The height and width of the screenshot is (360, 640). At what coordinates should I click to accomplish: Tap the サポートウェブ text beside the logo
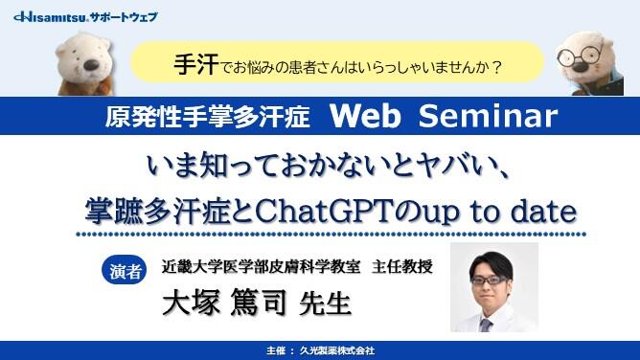pyautogui.click(x=124, y=16)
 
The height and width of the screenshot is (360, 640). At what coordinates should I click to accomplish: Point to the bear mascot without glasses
pyautogui.click(x=86, y=59)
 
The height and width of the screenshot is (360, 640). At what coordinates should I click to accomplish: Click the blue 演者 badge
pyautogui.click(x=122, y=271)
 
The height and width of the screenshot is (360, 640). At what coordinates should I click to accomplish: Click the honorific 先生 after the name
pyautogui.click(x=326, y=304)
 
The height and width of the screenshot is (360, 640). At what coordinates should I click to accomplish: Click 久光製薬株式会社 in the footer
pyautogui.click(x=337, y=350)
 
